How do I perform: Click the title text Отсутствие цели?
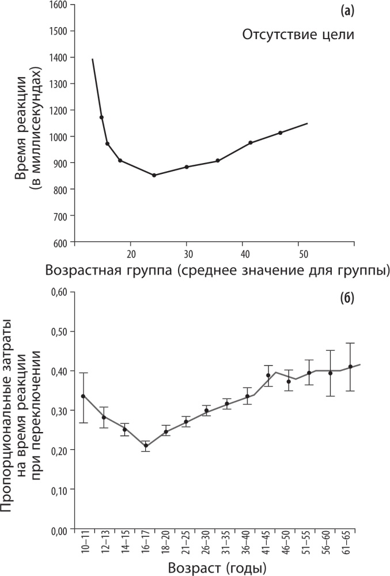297,35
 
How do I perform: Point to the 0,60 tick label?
59,292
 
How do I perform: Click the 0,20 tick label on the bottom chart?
59,450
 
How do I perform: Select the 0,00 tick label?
59,529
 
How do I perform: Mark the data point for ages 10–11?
84,396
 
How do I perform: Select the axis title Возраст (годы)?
217,568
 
